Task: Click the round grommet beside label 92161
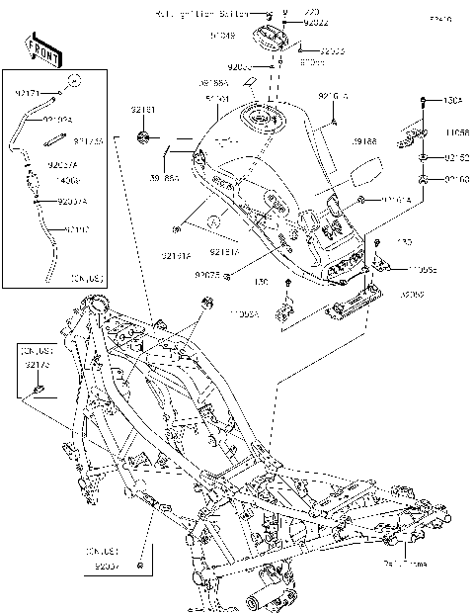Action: click(x=144, y=134)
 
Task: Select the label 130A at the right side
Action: click(x=452, y=100)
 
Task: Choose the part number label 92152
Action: click(x=454, y=156)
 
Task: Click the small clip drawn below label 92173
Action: click(x=40, y=389)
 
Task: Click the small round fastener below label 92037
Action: click(x=141, y=566)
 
